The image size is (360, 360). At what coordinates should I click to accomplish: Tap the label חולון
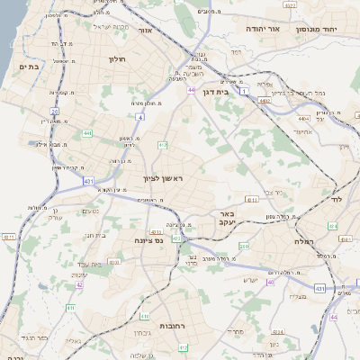click(x=118, y=59)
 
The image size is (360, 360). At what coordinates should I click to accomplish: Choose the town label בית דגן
click(x=238, y=91)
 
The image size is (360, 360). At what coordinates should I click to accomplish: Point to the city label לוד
click(x=337, y=197)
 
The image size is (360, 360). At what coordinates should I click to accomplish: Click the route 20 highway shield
click(x=54, y=112)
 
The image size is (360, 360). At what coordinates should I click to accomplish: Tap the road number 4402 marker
click(x=264, y=102)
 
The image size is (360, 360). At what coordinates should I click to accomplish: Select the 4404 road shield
click(x=303, y=118)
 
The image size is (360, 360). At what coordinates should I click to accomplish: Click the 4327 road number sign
click(x=288, y=5)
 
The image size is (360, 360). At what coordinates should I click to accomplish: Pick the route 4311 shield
click(x=10, y=237)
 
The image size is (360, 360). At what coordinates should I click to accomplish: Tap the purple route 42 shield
click(x=79, y=284)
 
